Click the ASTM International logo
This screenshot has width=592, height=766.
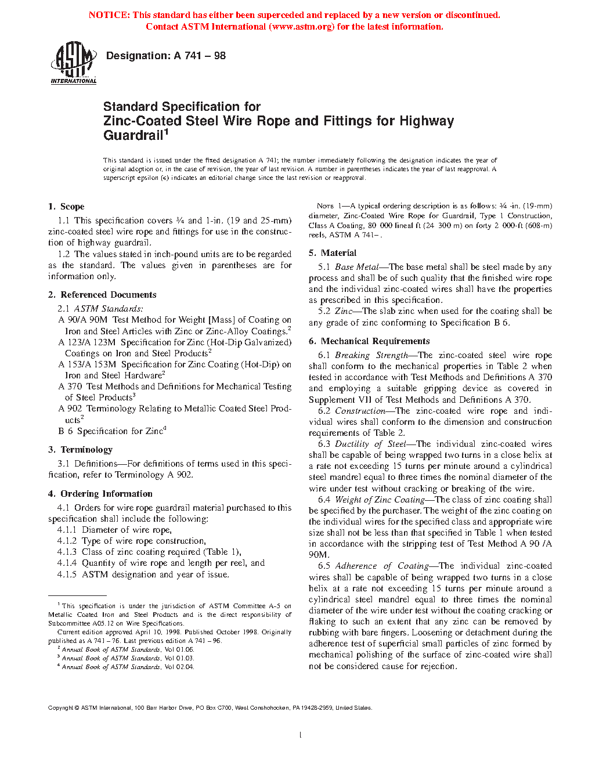(x=74, y=62)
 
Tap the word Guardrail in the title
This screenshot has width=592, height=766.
(x=133, y=136)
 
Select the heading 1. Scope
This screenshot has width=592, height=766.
(x=66, y=207)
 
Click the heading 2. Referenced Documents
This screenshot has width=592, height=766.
(x=102, y=295)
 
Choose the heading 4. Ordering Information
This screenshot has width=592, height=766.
(x=100, y=494)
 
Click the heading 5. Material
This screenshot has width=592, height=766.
(x=333, y=253)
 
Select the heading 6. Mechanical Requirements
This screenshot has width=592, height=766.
(x=369, y=341)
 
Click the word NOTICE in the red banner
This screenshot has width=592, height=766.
(x=109, y=15)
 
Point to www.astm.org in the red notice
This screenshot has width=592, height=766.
(x=302, y=27)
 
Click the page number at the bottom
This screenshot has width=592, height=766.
(x=300, y=735)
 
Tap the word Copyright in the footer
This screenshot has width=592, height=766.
(x=60, y=708)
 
